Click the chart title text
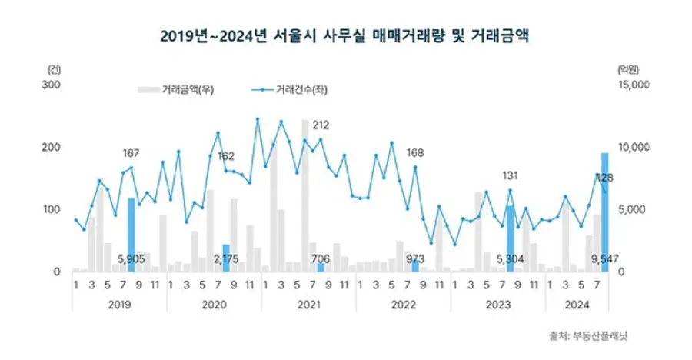[x=345, y=35]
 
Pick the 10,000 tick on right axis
[x=634, y=147]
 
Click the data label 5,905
[x=131, y=259]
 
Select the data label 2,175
[x=226, y=259]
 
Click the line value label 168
[x=415, y=151]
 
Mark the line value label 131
[x=510, y=176]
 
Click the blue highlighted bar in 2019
[x=131, y=235]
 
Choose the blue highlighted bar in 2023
[x=510, y=238]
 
